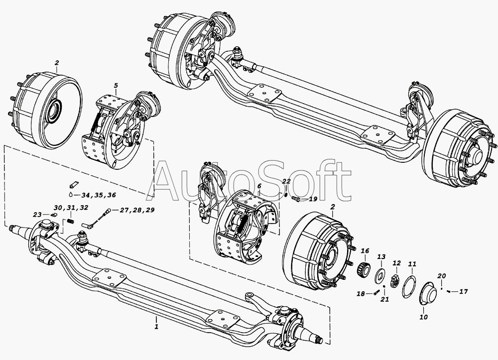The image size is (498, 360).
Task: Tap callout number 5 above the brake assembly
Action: [x=116, y=86]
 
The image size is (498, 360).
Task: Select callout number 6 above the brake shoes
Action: [x=259, y=186]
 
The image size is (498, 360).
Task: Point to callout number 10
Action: [x=424, y=317]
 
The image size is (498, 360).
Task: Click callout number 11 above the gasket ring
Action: [x=412, y=264]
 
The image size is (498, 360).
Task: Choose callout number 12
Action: [x=397, y=263]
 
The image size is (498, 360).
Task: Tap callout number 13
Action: [x=381, y=256]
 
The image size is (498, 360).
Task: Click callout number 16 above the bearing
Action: [x=365, y=251]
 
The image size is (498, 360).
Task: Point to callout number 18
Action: [x=361, y=294]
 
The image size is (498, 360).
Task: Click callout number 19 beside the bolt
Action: [x=313, y=199]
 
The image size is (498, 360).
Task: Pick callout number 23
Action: [x=37, y=215]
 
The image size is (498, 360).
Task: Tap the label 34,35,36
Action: [x=99, y=195]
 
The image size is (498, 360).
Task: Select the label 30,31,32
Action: [x=71, y=208]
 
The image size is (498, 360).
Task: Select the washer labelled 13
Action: [x=380, y=274]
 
